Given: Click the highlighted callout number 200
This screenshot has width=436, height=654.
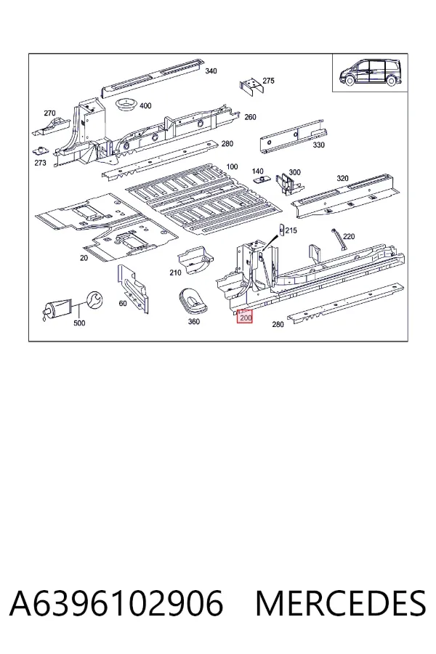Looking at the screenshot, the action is coord(246,318).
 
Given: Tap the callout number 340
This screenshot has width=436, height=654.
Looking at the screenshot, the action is coord(211,71).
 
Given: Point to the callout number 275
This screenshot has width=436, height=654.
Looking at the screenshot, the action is coord(268,81).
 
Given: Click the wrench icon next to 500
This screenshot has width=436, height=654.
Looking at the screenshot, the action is coord(95,301).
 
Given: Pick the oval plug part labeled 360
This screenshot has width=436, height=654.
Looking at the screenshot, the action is coord(195,299).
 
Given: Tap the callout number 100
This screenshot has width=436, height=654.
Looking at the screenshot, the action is coord(232,167).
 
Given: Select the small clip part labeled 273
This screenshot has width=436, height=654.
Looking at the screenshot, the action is coord(41,150).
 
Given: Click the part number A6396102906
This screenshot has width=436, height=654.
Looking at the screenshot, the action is coord(116,603).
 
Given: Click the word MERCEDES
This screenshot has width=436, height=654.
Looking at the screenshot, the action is coord(341,603).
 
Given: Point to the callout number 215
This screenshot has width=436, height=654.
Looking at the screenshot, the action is coord(291,230).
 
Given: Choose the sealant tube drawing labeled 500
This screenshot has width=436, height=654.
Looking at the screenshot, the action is coord(57,309).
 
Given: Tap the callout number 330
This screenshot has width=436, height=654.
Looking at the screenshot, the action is coord(318,145).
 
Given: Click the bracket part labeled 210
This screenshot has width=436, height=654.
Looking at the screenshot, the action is coord(195,260).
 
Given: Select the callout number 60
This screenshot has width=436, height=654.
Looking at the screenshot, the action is coord(123,303).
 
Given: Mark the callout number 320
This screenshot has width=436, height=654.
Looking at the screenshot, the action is coord(342,178).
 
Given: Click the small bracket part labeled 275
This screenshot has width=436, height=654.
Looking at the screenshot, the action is coord(251,86).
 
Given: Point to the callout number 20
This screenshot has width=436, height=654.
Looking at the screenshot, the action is coord(84,258).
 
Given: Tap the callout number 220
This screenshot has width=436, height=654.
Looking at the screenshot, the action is coord(348,236).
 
